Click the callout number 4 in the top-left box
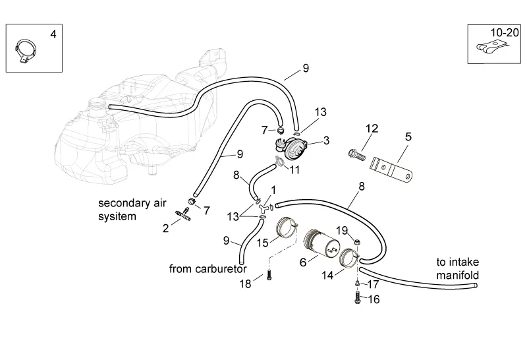[53, 34]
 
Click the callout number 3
[327, 140]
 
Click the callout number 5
[408, 137]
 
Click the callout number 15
[262, 243]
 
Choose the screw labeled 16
[356, 299]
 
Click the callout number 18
[246, 284]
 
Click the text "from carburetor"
[207, 269]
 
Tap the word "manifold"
[455, 275]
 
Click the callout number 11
[294, 169]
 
